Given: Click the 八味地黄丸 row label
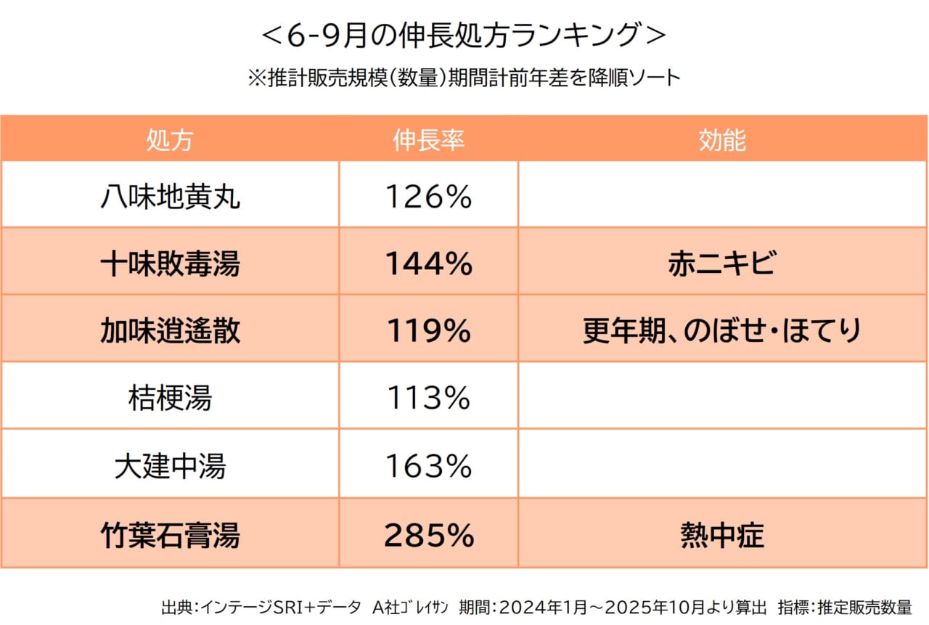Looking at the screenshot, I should coord(170,197).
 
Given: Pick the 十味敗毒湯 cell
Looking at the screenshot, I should coord(170,264).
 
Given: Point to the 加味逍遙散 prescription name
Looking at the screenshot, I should coord(170,331).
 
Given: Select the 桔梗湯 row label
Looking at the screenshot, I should coord(170,398).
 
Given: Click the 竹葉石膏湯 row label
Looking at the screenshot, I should coord(170,536).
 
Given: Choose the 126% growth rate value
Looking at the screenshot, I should coord(428,197).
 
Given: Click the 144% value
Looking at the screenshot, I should coord(428,264).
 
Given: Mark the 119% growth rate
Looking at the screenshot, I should coord(428,331).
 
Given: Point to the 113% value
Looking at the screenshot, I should coord(428,398).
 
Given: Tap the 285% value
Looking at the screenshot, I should coord(428,536).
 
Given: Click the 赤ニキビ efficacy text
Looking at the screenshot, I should coord(722,264).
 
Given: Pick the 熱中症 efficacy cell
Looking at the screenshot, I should coord(722,536).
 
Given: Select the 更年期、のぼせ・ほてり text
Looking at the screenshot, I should coord(722,331).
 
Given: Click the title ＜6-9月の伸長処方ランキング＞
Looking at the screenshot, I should coord(464,36).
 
